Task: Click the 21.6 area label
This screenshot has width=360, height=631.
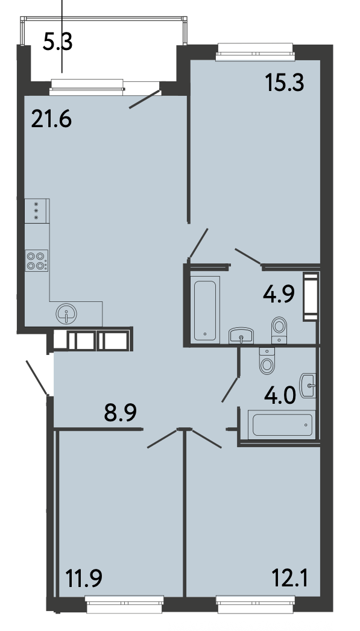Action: (x=51, y=119)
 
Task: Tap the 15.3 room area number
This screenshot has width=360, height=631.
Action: (x=285, y=83)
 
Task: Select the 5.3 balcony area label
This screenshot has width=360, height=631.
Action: (x=57, y=42)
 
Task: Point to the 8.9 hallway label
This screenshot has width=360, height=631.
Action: (x=121, y=412)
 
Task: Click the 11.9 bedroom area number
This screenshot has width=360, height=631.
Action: (x=83, y=579)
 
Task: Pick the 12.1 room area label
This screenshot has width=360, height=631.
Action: (x=290, y=579)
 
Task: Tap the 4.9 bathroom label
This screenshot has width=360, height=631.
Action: (x=279, y=294)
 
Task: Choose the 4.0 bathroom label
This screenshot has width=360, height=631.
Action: (x=280, y=395)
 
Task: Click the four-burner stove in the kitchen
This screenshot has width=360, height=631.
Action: (x=37, y=260)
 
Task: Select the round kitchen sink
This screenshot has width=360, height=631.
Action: (x=66, y=314)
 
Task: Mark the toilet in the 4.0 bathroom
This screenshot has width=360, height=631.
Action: (x=267, y=360)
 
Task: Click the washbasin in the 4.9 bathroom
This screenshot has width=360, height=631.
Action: (x=241, y=336)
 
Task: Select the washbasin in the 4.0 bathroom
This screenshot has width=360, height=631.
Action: (x=308, y=386)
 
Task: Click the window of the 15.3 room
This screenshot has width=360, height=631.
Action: (x=255, y=52)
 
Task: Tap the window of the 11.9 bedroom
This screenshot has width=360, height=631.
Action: (x=125, y=605)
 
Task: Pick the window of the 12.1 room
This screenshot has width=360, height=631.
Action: (x=256, y=605)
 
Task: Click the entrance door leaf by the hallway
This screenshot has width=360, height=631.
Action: (x=37, y=378)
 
